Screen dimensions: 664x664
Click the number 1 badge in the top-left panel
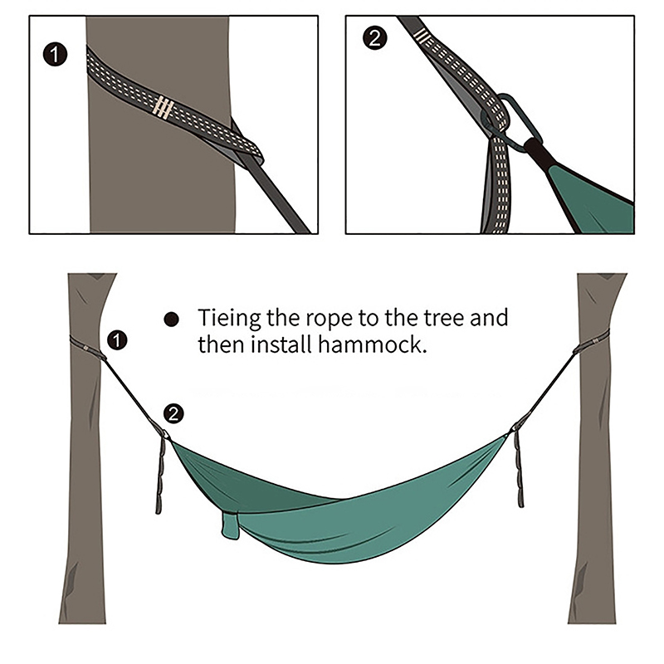pyautogui.click(x=55, y=55)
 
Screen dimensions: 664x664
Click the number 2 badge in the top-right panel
pyautogui.click(x=375, y=38)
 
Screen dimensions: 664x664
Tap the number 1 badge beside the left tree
pyautogui.click(x=117, y=340)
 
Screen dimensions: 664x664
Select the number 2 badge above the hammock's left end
pyautogui.click(x=173, y=413)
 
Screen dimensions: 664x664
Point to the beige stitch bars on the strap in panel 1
pyautogui.click(x=164, y=107)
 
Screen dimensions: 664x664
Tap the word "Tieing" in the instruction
pyautogui.click(x=229, y=318)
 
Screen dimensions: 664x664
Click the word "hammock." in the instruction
pyautogui.click(x=372, y=344)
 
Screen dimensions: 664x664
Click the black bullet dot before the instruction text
pyautogui.click(x=171, y=320)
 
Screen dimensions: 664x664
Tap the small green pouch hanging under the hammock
pyautogui.click(x=230, y=525)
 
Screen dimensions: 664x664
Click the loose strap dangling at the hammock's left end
pyautogui.click(x=160, y=473)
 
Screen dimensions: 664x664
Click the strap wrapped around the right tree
pyautogui.click(x=593, y=340)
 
